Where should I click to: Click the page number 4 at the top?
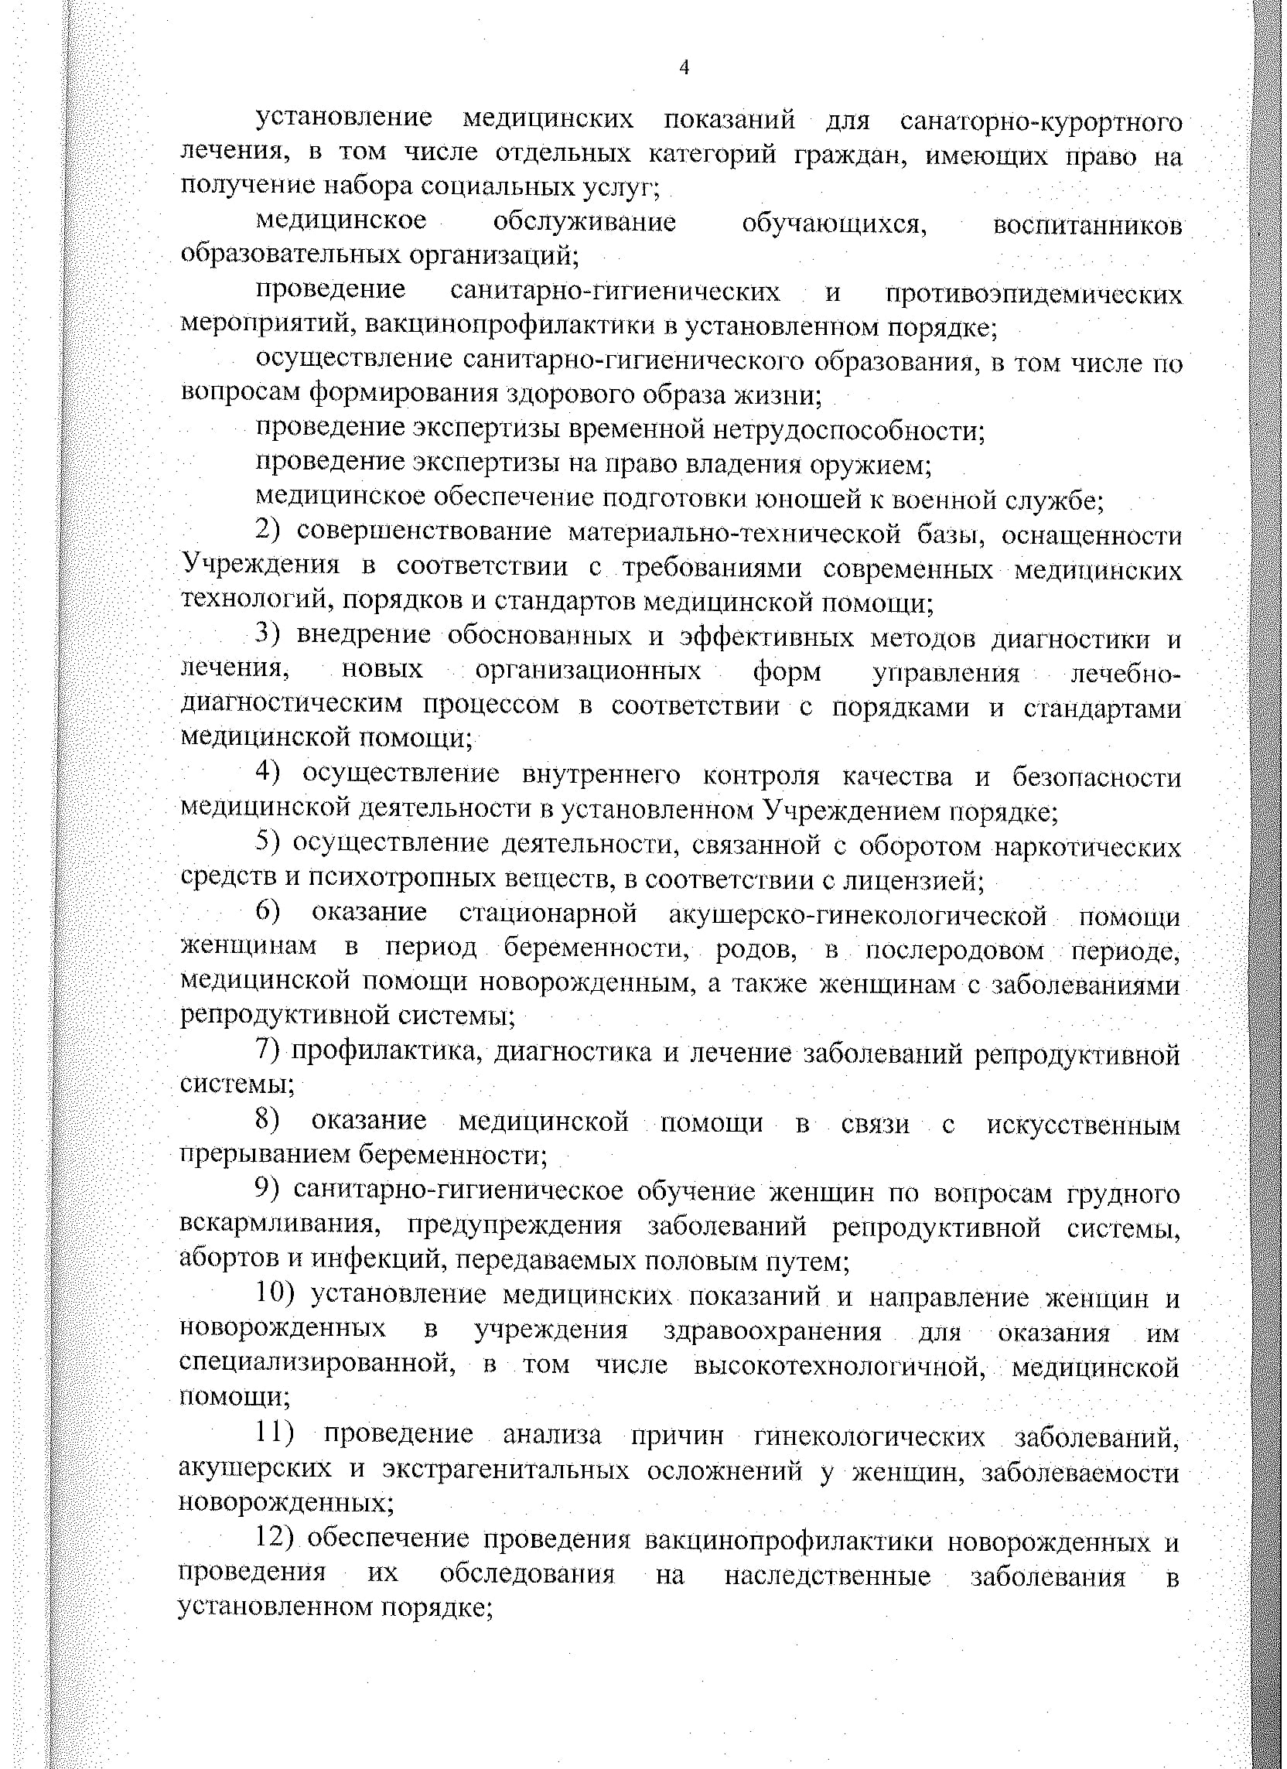(684, 68)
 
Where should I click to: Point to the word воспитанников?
(1087, 225)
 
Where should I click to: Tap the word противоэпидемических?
(1033, 294)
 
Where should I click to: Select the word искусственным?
(1083, 1124)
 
